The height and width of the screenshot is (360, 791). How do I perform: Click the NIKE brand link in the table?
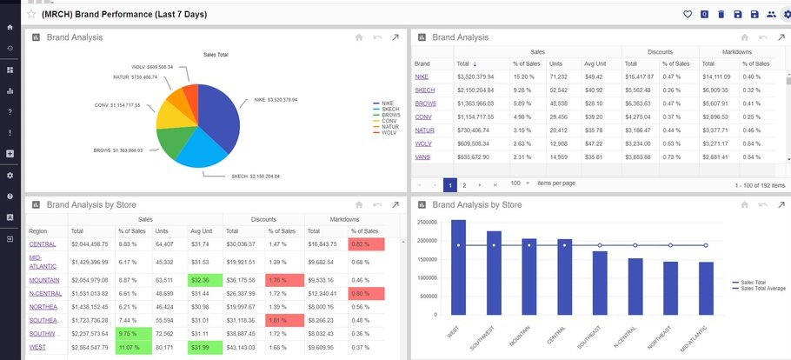pyautogui.click(x=422, y=77)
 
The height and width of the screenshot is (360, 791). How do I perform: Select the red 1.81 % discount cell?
pyautogui.click(x=280, y=321)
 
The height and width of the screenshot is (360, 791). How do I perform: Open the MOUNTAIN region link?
pyautogui.click(x=44, y=280)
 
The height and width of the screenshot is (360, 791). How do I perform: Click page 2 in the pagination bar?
pyautogui.click(x=464, y=184)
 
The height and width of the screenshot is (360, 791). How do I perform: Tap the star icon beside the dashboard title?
pyautogui.click(x=31, y=14)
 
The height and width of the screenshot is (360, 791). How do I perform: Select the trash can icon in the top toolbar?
pyautogui.click(x=721, y=14)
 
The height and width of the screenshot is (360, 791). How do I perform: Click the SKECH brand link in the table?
pyautogui.click(x=425, y=90)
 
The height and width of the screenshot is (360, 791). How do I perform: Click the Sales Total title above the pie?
pyautogui.click(x=216, y=54)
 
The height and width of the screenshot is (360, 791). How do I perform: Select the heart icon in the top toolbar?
pyautogui.click(x=687, y=14)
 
